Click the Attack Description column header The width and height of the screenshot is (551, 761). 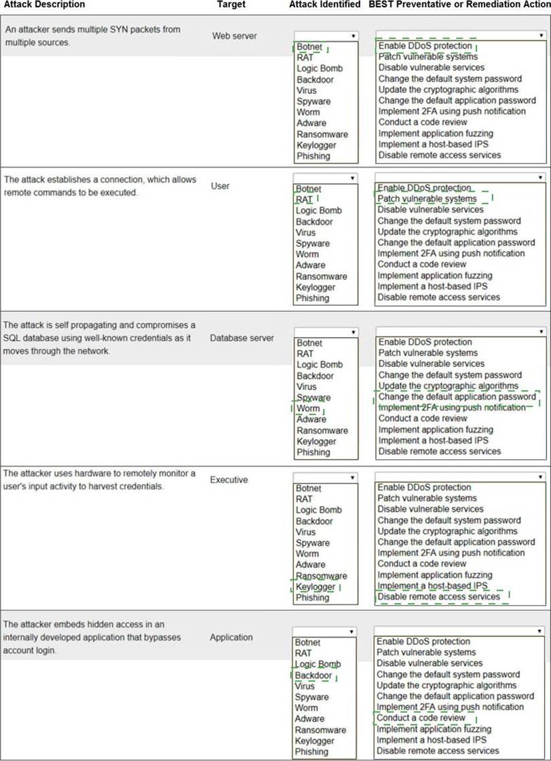coord(44,5)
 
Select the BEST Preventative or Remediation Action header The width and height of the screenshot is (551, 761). coord(459,5)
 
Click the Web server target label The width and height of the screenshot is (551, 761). coord(234,35)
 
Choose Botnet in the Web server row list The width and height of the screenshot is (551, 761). coord(309,47)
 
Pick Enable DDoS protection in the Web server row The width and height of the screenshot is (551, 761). coord(425,45)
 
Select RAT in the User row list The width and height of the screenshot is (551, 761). coord(303,199)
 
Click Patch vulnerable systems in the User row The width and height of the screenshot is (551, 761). coord(427,199)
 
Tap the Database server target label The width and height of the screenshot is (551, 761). coord(242,338)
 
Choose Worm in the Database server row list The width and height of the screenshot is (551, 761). coord(308,408)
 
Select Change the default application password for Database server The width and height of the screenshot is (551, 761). coord(457,397)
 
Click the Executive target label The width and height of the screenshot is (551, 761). coord(229,480)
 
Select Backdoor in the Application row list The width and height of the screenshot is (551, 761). coord(313,676)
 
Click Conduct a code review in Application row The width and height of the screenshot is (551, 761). coord(421,718)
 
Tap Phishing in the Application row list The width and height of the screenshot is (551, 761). coord(312,752)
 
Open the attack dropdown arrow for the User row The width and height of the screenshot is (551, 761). coord(353,178)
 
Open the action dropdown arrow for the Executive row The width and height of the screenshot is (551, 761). coord(540,477)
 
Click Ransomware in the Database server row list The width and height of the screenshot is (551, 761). coord(322,430)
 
